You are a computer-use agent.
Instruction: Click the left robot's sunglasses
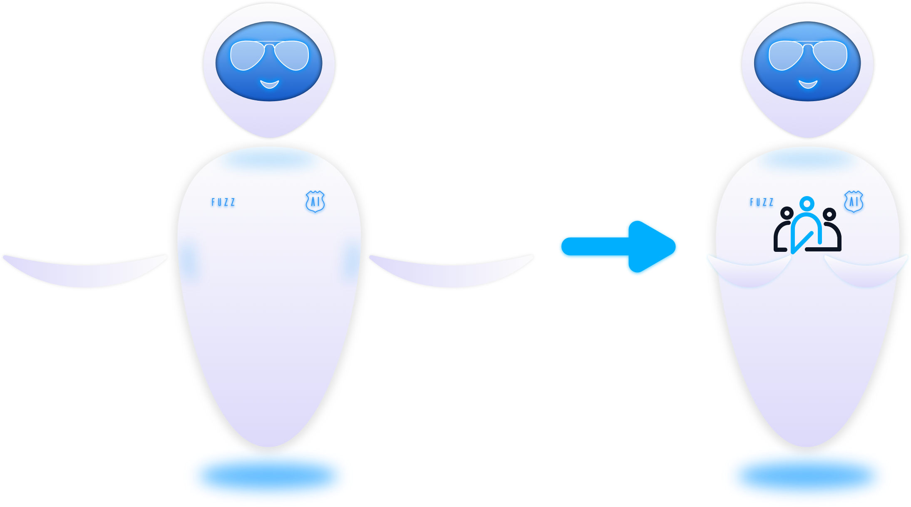269,55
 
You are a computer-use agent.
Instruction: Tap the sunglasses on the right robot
807,55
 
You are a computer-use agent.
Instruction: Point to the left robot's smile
269,84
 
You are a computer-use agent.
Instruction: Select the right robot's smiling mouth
808,84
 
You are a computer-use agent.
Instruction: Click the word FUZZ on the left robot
223,202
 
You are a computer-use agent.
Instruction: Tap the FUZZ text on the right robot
762,202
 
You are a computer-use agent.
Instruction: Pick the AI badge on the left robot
315,202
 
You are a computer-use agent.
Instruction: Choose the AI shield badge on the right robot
854,202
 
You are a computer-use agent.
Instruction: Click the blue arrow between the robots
620,246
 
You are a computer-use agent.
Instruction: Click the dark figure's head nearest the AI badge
829,215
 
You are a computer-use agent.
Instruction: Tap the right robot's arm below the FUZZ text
749,271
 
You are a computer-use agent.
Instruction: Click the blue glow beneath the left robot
268,475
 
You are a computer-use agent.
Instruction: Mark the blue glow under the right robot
807,475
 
